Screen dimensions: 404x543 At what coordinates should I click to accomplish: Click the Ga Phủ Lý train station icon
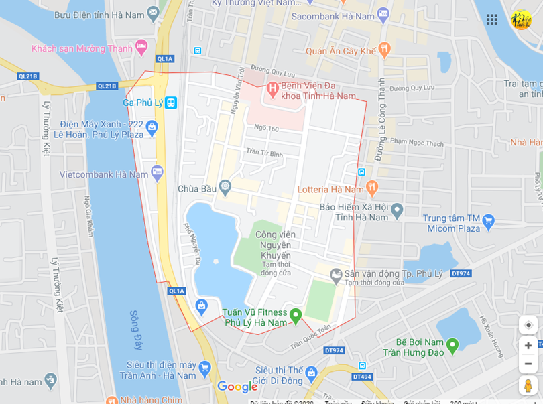click(171, 103)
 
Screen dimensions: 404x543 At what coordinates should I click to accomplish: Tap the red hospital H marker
click(272, 87)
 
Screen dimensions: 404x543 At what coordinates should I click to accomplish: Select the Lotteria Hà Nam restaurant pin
click(372, 189)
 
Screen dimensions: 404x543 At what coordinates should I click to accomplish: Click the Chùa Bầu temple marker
click(225, 185)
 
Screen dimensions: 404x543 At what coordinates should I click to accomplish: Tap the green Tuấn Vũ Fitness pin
click(295, 314)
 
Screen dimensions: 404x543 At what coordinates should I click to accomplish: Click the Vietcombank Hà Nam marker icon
click(157, 172)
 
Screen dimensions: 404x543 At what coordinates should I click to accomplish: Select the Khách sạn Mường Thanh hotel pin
click(141, 47)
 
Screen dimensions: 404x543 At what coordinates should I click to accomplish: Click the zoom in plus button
click(528, 346)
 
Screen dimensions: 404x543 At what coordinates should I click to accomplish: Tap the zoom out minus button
click(528, 364)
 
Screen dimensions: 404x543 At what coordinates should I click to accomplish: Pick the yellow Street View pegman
click(528, 385)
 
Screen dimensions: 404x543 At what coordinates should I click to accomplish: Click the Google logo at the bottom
click(237, 387)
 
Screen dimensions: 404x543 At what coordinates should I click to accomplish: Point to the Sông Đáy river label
click(136, 330)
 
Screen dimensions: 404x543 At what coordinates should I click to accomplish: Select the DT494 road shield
click(362, 377)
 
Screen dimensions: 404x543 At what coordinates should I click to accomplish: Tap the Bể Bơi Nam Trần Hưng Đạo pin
click(452, 345)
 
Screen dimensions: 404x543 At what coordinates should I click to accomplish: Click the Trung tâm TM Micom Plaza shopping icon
click(488, 220)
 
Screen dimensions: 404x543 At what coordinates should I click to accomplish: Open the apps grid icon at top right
click(492, 19)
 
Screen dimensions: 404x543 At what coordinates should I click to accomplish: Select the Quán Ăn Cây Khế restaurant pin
click(384, 48)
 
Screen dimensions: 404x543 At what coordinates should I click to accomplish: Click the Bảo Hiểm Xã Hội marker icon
click(397, 210)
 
